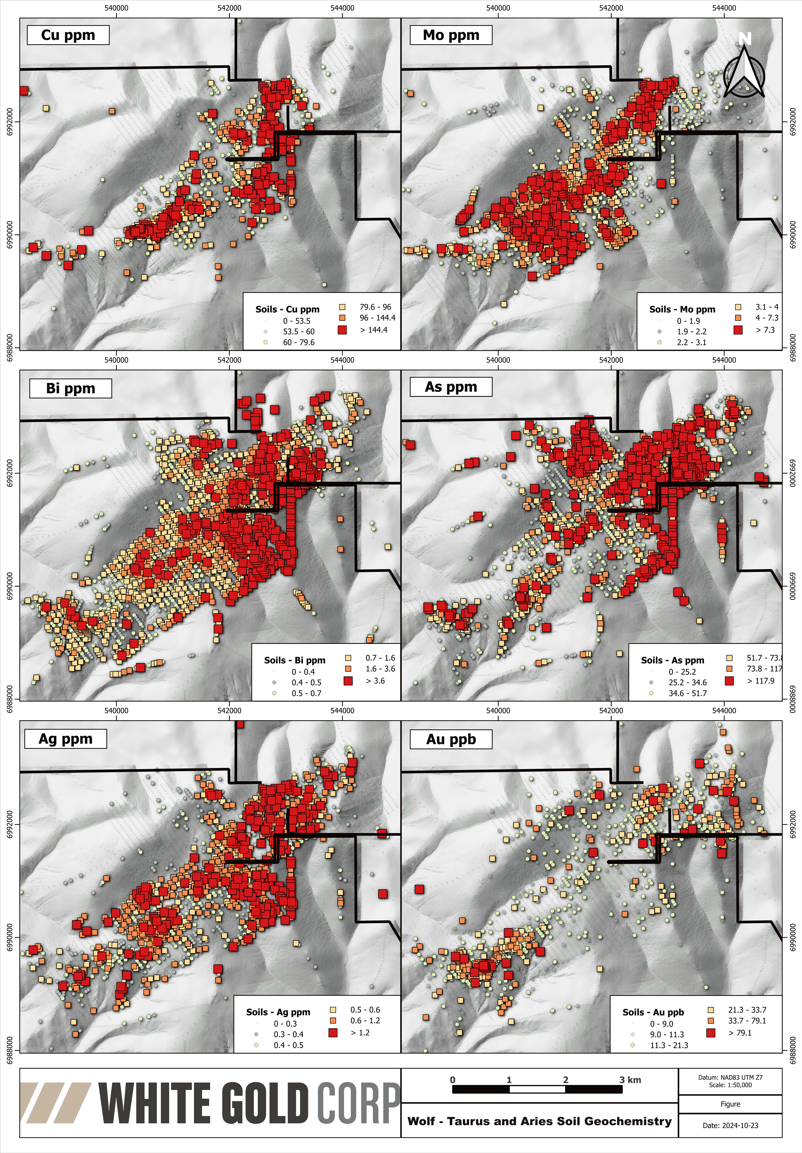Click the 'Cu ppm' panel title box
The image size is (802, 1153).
[68, 35]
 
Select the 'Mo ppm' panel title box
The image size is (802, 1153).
[451, 35]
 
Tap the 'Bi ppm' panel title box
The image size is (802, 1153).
[70, 388]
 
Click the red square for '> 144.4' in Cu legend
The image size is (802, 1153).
[343, 330]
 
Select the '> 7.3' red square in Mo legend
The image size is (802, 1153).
[738, 330]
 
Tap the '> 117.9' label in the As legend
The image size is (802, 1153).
[761, 681]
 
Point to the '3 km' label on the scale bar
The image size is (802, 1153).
[630, 1080]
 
